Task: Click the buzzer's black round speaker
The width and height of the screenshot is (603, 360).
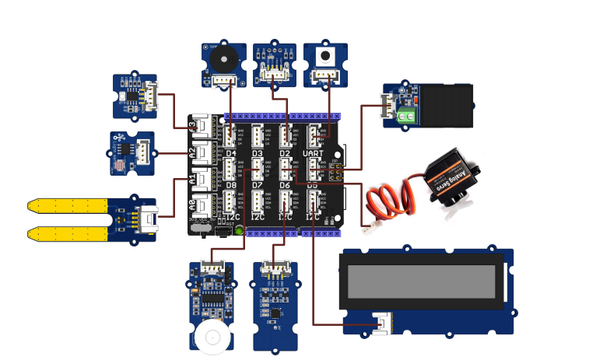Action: pyautogui.click(x=223, y=59)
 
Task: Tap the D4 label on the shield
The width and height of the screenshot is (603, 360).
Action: pyautogui.click(x=231, y=154)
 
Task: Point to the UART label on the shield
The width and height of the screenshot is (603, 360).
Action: pyautogui.click(x=323, y=154)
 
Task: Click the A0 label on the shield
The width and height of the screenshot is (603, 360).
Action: pyautogui.click(x=191, y=207)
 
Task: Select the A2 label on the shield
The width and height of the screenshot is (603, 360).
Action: pyautogui.click(x=191, y=152)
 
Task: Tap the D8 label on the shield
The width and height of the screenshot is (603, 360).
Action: pyautogui.click(x=231, y=186)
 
